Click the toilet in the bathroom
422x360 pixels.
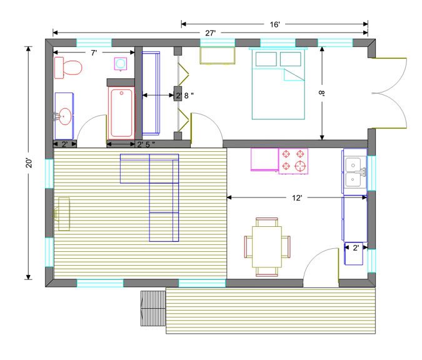click(68, 67)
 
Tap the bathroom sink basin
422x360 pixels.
click(65, 116)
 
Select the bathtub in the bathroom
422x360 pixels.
click(121, 112)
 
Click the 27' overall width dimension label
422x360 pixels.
click(210, 33)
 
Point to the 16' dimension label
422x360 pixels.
click(275, 24)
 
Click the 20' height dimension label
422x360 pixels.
click(29, 162)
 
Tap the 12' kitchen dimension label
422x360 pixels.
click(297, 198)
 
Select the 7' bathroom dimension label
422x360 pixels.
click(93, 52)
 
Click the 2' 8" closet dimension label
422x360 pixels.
click(185, 96)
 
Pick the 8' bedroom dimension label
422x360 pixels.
click(321, 93)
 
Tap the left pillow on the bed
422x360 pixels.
click(266, 59)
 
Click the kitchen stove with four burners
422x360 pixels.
click(293, 161)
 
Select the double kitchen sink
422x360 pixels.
click(355, 172)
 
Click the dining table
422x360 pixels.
click(267, 247)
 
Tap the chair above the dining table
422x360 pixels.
click(267, 222)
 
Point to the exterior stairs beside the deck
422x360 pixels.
click(153, 308)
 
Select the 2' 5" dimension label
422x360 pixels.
click(146, 144)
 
